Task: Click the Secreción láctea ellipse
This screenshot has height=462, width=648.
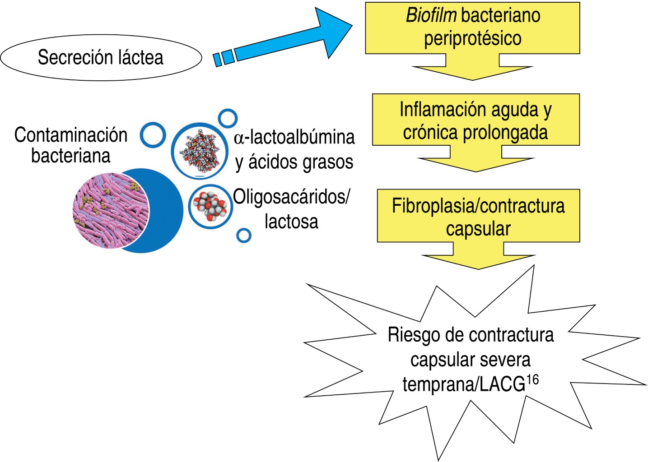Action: [x=101, y=58]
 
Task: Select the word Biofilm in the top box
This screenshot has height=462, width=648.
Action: [x=431, y=15]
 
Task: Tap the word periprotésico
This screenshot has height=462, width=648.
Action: [x=472, y=38]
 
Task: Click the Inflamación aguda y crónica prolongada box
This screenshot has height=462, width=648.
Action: [x=476, y=120]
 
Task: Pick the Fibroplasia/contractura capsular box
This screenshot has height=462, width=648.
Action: [x=478, y=216]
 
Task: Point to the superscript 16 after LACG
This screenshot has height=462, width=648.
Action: [x=533, y=380]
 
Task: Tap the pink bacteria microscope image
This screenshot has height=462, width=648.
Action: [x=111, y=211]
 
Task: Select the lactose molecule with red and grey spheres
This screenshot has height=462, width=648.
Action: [x=210, y=206]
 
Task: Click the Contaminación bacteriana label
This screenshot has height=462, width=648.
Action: [x=71, y=145]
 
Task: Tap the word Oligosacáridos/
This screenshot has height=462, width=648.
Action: [x=291, y=197]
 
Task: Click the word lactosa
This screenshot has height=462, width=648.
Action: [x=291, y=222]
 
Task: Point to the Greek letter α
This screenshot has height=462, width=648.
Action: [x=239, y=138]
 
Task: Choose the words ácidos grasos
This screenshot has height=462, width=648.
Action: [x=301, y=162]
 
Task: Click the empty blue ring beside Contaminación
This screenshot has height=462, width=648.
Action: [x=153, y=134]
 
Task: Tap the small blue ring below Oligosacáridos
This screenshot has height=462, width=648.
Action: [x=244, y=235]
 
